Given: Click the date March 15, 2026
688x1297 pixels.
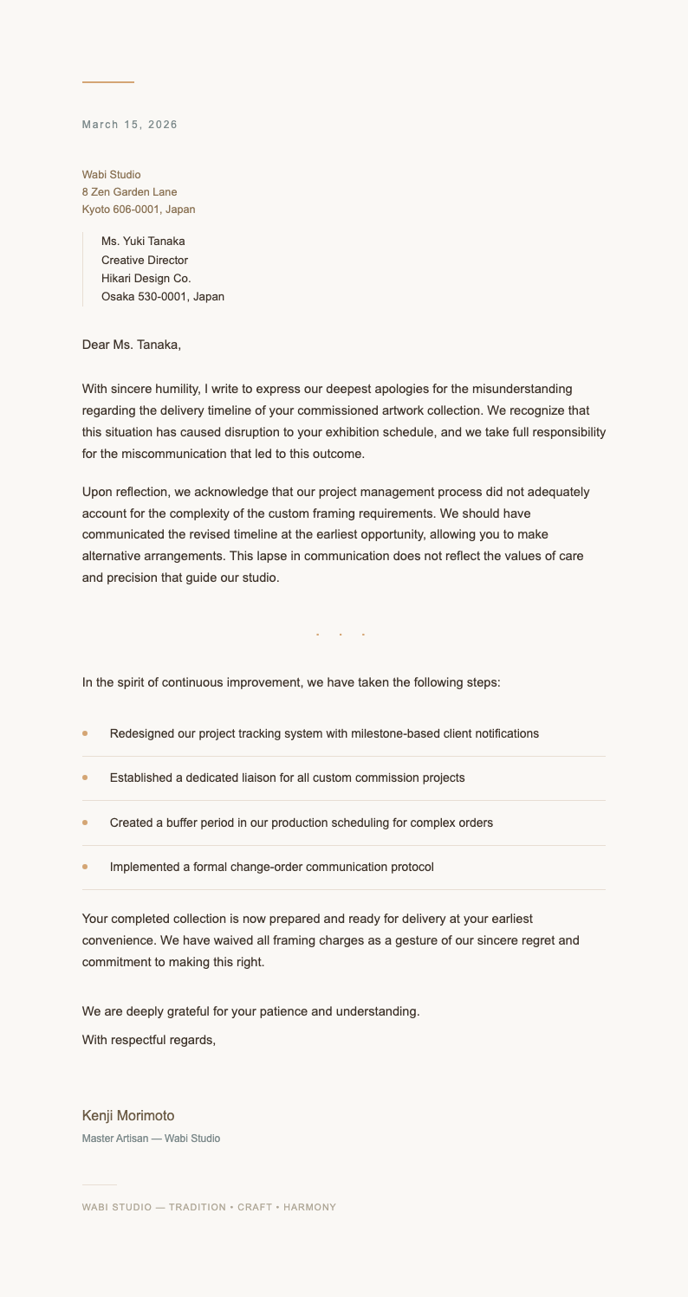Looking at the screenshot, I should (x=130, y=125).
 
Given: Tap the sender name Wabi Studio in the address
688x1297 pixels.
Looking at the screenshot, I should (x=111, y=175).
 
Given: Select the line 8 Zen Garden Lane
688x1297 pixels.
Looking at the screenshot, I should (x=129, y=192).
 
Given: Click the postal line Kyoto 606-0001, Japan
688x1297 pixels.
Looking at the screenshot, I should (x=139, y=210).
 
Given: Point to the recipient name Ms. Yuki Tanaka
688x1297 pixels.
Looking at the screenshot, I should (x=143, y=242).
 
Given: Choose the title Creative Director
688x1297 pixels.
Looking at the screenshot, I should (x=145, y=261).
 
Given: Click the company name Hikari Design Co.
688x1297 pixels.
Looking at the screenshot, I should (x=146, y=279).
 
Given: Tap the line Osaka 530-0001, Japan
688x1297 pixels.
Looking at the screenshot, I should (x=163, y=297).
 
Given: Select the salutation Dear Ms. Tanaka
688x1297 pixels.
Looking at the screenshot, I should (x=132, y=345).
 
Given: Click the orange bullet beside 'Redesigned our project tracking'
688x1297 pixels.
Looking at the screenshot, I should (x=85, y=733).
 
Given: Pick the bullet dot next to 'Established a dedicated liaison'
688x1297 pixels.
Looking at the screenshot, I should (x=85, y=778).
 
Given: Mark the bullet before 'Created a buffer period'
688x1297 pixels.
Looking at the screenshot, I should (x=85, y=823).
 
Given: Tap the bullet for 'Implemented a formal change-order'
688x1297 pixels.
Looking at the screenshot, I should (x=85, y=867).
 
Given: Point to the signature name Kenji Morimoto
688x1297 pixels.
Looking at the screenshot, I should (x=128, y=1116).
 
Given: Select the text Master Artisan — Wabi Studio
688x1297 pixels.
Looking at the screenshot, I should (x=151, y=1139).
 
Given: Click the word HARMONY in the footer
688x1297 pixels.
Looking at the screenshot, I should (x=309, y=1207).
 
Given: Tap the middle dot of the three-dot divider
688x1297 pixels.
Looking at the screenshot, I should (x=341, y=635).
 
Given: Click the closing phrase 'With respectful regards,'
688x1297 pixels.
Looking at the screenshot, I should (x=149, y=1040).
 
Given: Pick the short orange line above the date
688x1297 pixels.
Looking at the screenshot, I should (x=108, y=82).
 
